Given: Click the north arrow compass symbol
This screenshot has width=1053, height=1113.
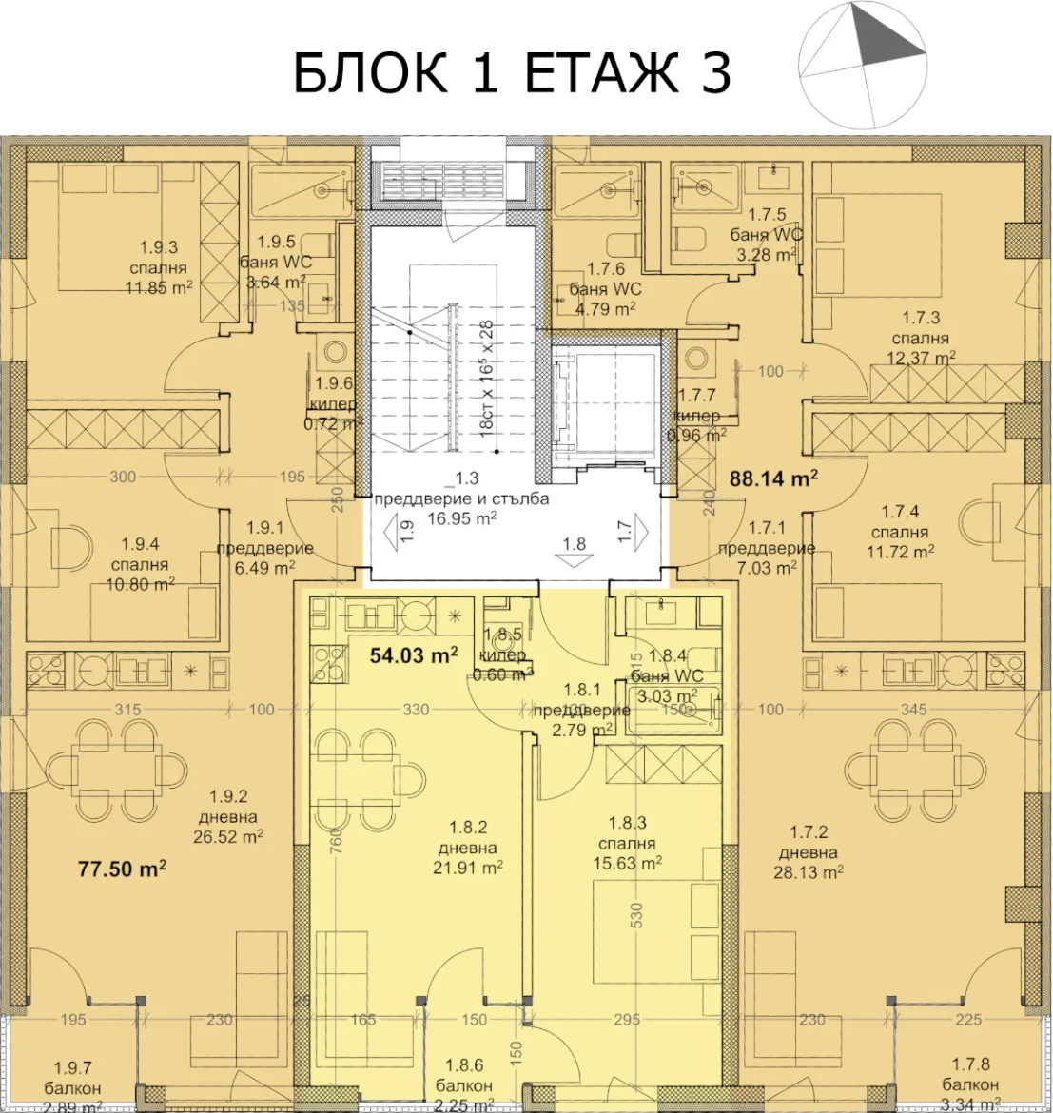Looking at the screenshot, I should [x=864, y=65].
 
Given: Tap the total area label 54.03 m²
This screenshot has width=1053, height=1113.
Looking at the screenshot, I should [x=413, y=654].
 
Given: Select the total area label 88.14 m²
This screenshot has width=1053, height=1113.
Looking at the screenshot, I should [x=773, y=478].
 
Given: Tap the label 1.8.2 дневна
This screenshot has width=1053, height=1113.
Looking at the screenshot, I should [x=466, y=849].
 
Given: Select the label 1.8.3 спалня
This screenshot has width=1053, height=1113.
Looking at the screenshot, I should [x=627, y=844].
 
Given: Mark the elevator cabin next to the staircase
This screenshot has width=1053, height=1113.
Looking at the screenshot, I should [x=606, y=400].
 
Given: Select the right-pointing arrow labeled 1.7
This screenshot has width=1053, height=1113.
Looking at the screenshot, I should [x=640, y=528].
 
